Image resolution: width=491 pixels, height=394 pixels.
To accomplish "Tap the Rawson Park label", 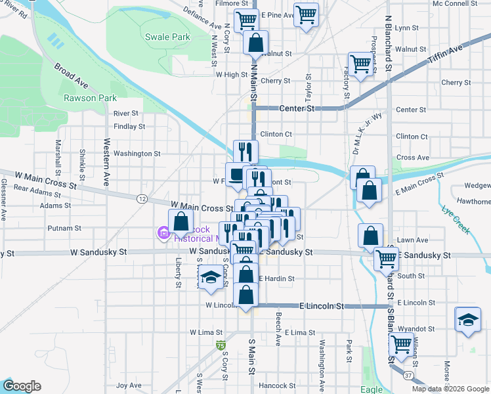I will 90,98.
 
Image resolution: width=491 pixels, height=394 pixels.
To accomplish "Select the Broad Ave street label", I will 71,76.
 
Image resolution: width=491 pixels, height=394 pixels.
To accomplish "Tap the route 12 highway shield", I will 142,198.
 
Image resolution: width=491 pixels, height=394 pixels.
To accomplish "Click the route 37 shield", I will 408,375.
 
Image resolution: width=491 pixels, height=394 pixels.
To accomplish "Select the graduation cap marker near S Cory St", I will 211,278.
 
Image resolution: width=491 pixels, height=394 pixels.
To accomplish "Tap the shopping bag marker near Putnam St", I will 181,221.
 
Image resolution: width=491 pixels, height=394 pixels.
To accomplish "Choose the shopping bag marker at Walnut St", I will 255,43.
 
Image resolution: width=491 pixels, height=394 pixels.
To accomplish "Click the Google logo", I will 22,386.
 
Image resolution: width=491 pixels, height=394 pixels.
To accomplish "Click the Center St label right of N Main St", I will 297,108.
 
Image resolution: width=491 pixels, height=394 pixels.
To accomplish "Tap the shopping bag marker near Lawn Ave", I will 371,236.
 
